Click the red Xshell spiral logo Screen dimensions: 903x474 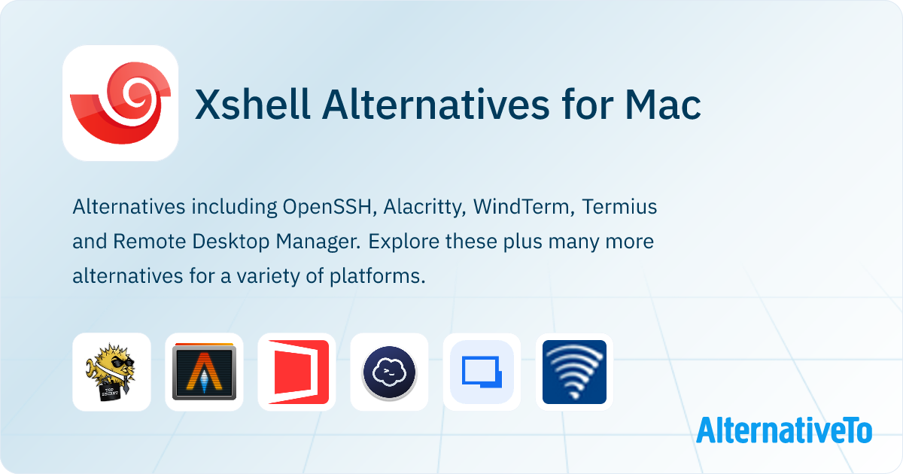coord(120,103)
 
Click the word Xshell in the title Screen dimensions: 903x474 coord(252,105)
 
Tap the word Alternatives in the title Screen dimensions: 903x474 coord(436,105)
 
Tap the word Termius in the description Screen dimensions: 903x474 coord(619,207)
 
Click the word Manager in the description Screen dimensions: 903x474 coord(318,242)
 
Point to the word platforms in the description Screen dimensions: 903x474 coord(377,277)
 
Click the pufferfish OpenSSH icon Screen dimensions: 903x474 coord(111,372)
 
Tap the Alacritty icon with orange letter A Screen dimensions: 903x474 coord(204,372)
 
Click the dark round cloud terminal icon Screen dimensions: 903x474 coord(390,373)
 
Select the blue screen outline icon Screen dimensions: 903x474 coord(482,372)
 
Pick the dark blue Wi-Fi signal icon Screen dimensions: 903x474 coord(574,372)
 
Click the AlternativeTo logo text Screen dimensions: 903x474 coord(784,430)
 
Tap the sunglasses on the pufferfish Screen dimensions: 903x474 coord(122,363)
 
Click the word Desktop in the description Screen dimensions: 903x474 coord(230,242)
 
